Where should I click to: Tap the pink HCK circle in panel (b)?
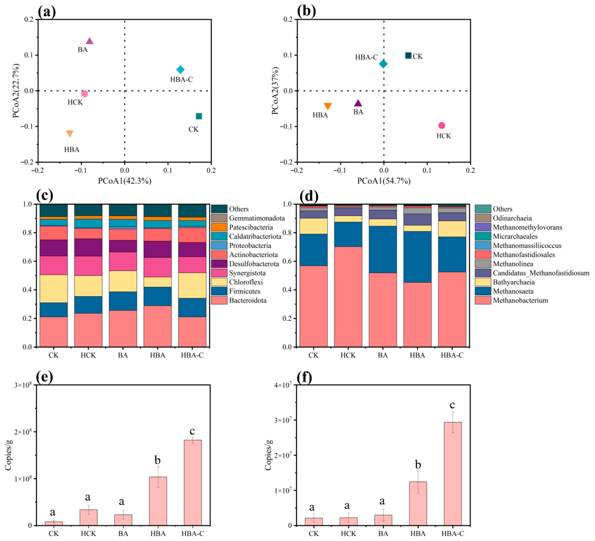(442, 125)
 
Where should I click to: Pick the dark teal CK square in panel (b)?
(408, 55)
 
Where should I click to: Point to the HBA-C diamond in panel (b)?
(383, 64)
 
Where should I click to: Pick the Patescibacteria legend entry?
(251, 227)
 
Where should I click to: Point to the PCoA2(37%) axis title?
(275, 91)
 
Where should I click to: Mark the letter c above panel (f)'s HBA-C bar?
(452, 405)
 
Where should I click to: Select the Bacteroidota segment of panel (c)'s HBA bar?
(158, 326)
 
